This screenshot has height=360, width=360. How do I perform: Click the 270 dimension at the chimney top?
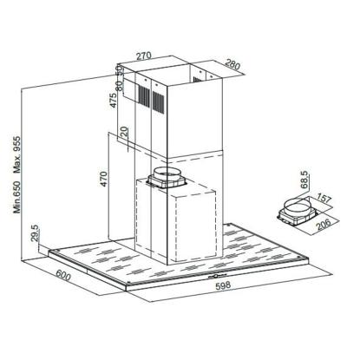coord(144,56)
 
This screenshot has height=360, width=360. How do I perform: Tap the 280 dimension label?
coord(232,64)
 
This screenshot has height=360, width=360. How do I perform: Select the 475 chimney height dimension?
coord(114,100)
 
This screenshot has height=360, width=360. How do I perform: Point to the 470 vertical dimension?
coord(104,179)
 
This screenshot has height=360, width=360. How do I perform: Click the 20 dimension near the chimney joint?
coord(124,132)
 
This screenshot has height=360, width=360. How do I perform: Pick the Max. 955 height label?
coord(17,154)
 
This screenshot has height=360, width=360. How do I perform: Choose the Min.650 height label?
coord(17,197)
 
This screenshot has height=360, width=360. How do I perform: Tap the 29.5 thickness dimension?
coord(35,233)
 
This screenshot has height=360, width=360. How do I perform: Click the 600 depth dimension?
coord(62,275)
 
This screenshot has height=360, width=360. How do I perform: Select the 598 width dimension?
coord(223,285)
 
